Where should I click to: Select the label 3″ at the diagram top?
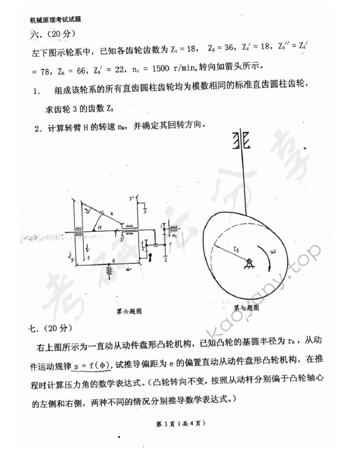click(x=131, y=197)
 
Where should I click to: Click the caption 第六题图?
click(x=129, y=311)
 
